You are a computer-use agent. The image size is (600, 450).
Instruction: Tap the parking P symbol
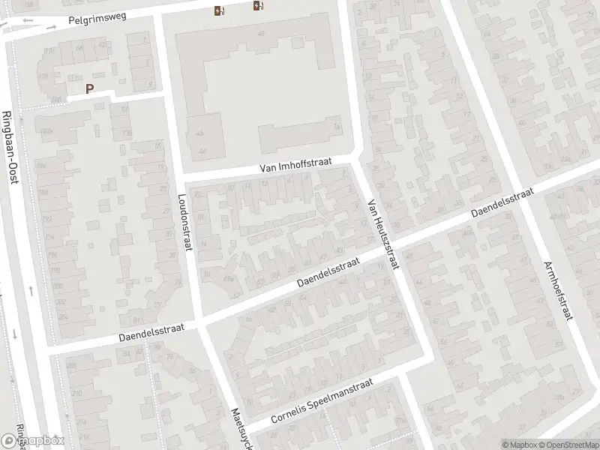pyautogui.click(x=89, y=88)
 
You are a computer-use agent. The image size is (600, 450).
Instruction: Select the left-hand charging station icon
pyautogui.click(x=218, y=10)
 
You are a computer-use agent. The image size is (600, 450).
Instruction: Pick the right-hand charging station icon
pyautogui.click(x=259, y=7)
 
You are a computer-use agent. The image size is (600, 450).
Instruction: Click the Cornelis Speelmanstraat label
pyautogui.click(x=322, y=403)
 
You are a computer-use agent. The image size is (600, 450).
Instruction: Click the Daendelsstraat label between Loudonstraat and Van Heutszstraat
pyautogui.click(x=328, y=273)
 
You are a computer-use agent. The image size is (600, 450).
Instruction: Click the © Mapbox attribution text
pyautogui.click(x=519, y=444)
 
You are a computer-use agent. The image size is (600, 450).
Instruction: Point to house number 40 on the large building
pyautogui.click(x=262, y=34)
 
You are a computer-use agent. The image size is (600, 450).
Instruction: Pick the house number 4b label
pyautogui.click(x=199, y=133)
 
